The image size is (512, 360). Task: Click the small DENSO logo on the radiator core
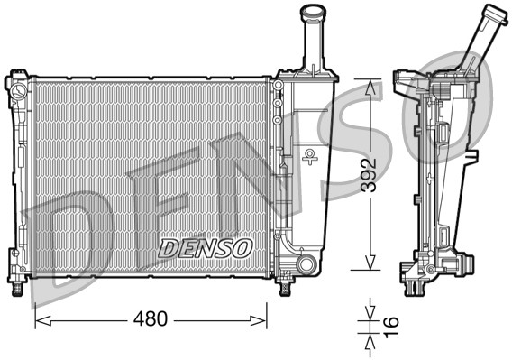(206, 245)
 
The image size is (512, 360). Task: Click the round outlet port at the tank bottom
(306, 264)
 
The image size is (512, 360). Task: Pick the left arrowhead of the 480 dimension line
(39, 319)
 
